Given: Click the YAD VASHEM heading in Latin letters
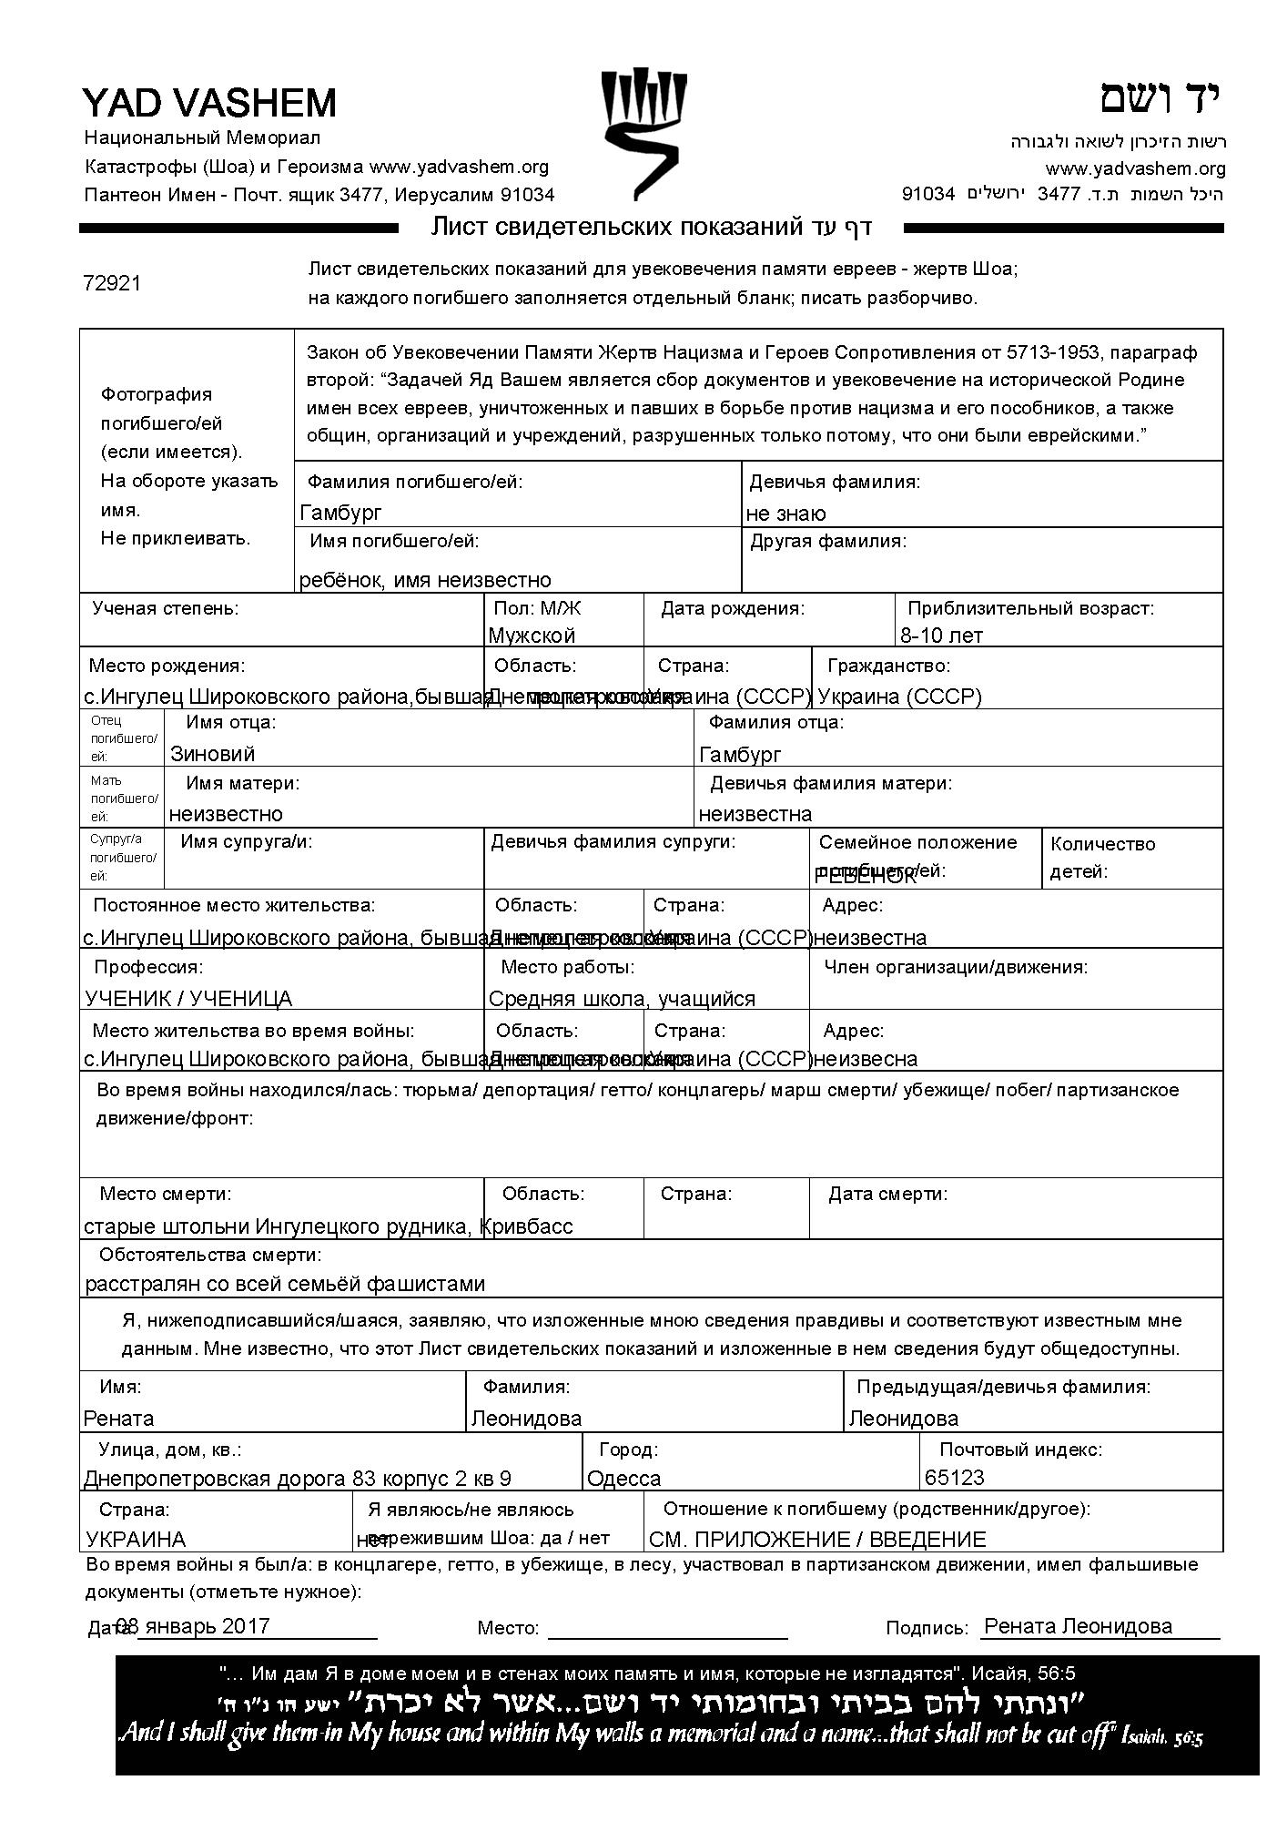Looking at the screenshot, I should tap(209, 104).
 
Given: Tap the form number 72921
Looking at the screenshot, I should tap(112, 283).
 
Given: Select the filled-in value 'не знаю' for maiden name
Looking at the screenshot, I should tap(785, 514).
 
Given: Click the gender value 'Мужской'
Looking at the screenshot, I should tap(532, 635).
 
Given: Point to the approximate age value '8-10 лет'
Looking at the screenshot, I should tap(941, 635).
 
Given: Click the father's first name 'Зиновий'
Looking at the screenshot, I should tap(212, 754).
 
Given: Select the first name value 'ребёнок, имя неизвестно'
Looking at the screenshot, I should tap(425, 580).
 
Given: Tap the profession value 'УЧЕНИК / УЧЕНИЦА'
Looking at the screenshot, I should tap(188, 999).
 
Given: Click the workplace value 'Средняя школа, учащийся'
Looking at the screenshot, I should tap(622, 999).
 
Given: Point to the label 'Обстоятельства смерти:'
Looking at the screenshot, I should tap(210, 1256).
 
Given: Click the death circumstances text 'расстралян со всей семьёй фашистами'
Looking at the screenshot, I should tap(285, 1284).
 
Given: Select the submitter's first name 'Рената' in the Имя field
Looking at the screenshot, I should tap(118, 1419).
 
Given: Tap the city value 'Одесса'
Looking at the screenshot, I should tap(624, 1478).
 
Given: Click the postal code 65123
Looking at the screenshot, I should tap(955, 1477).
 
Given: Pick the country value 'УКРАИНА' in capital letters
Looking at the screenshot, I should tap(136, 1540).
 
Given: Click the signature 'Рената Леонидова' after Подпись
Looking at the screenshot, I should tap(1079, 1626).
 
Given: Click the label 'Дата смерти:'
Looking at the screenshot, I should tap(887, 1194).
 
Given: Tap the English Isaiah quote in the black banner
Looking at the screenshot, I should tap(660, 1733).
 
